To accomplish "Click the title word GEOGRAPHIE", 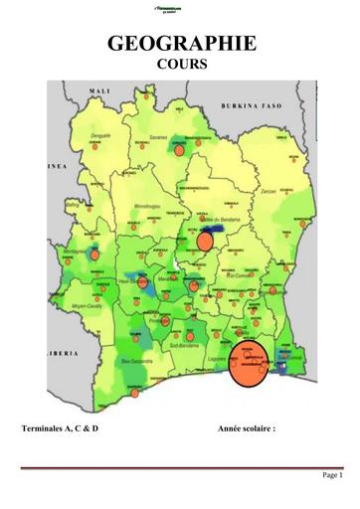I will coord(180,44).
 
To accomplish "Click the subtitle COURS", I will coord(180,65).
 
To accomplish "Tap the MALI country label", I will coord(99,91).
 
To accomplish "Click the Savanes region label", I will coord(157,138).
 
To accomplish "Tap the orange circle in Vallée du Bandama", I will coord(205,241).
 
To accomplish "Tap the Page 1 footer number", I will coord(331,475).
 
